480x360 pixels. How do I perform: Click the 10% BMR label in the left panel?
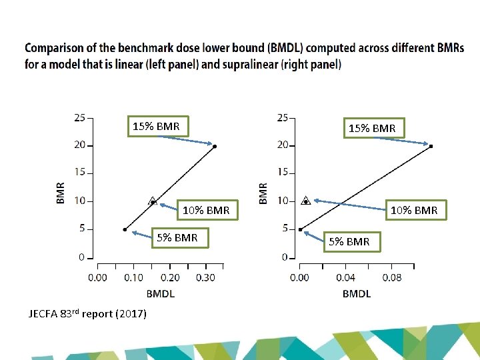tap(206, 211)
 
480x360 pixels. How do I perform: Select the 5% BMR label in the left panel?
tap(177, 237)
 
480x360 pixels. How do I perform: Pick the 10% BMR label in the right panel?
tap(414, 211)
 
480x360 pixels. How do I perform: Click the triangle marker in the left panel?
tap(153, 201)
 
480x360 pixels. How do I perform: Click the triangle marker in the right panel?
tap(305, 201)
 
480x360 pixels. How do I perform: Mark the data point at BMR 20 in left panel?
tap(215, 145)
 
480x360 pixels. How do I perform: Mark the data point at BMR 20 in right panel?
tap(431, 145)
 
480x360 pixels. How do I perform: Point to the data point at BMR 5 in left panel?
tap(125, 229)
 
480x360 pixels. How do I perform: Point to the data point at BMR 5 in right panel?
tap(300, 229)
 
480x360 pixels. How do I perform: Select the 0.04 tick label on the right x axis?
tap(345, 277)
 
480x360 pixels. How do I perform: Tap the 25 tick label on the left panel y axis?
tap(79, 118)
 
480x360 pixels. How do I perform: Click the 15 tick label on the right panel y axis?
tap(283, 173)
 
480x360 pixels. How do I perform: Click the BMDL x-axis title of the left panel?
tap(161, 293)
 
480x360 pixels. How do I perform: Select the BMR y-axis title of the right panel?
tap(263, 193)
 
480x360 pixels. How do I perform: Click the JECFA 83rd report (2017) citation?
tap(87, 313)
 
